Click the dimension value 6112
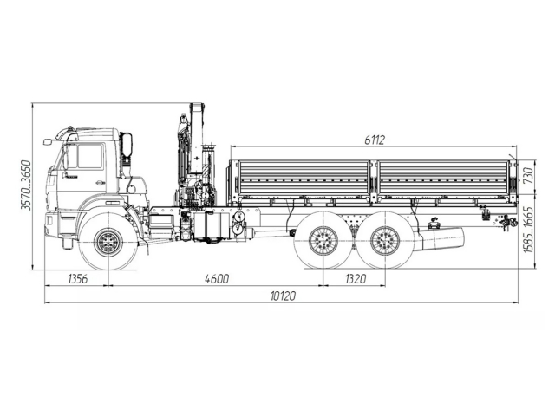click(x=374, y=140)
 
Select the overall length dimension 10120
click(x=283, y=296)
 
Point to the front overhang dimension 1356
click(x=77, y=278)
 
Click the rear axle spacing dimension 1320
click(x=355, y=278)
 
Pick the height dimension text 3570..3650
click(x=26, y=185)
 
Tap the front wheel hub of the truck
click(x=108, y=242)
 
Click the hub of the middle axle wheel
click(x=323, y=242)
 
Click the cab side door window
click(x=89, y=156)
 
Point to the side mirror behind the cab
click(x=127, y=145)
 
